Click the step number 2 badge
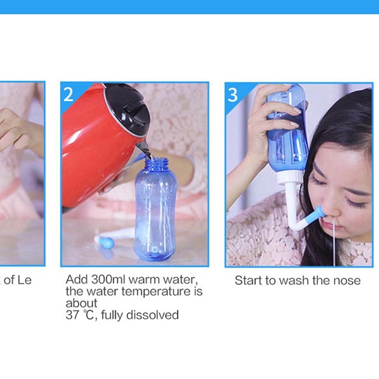tap(68, 93)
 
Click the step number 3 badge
tap(233, 94)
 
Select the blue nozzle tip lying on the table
tap(106, 242)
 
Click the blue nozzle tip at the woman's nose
tap(319, 213)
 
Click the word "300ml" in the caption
tap(110, 280)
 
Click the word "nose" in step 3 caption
tap(347, 280)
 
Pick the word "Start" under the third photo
tap(247, 280)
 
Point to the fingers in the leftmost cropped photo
tap(15, 130)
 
